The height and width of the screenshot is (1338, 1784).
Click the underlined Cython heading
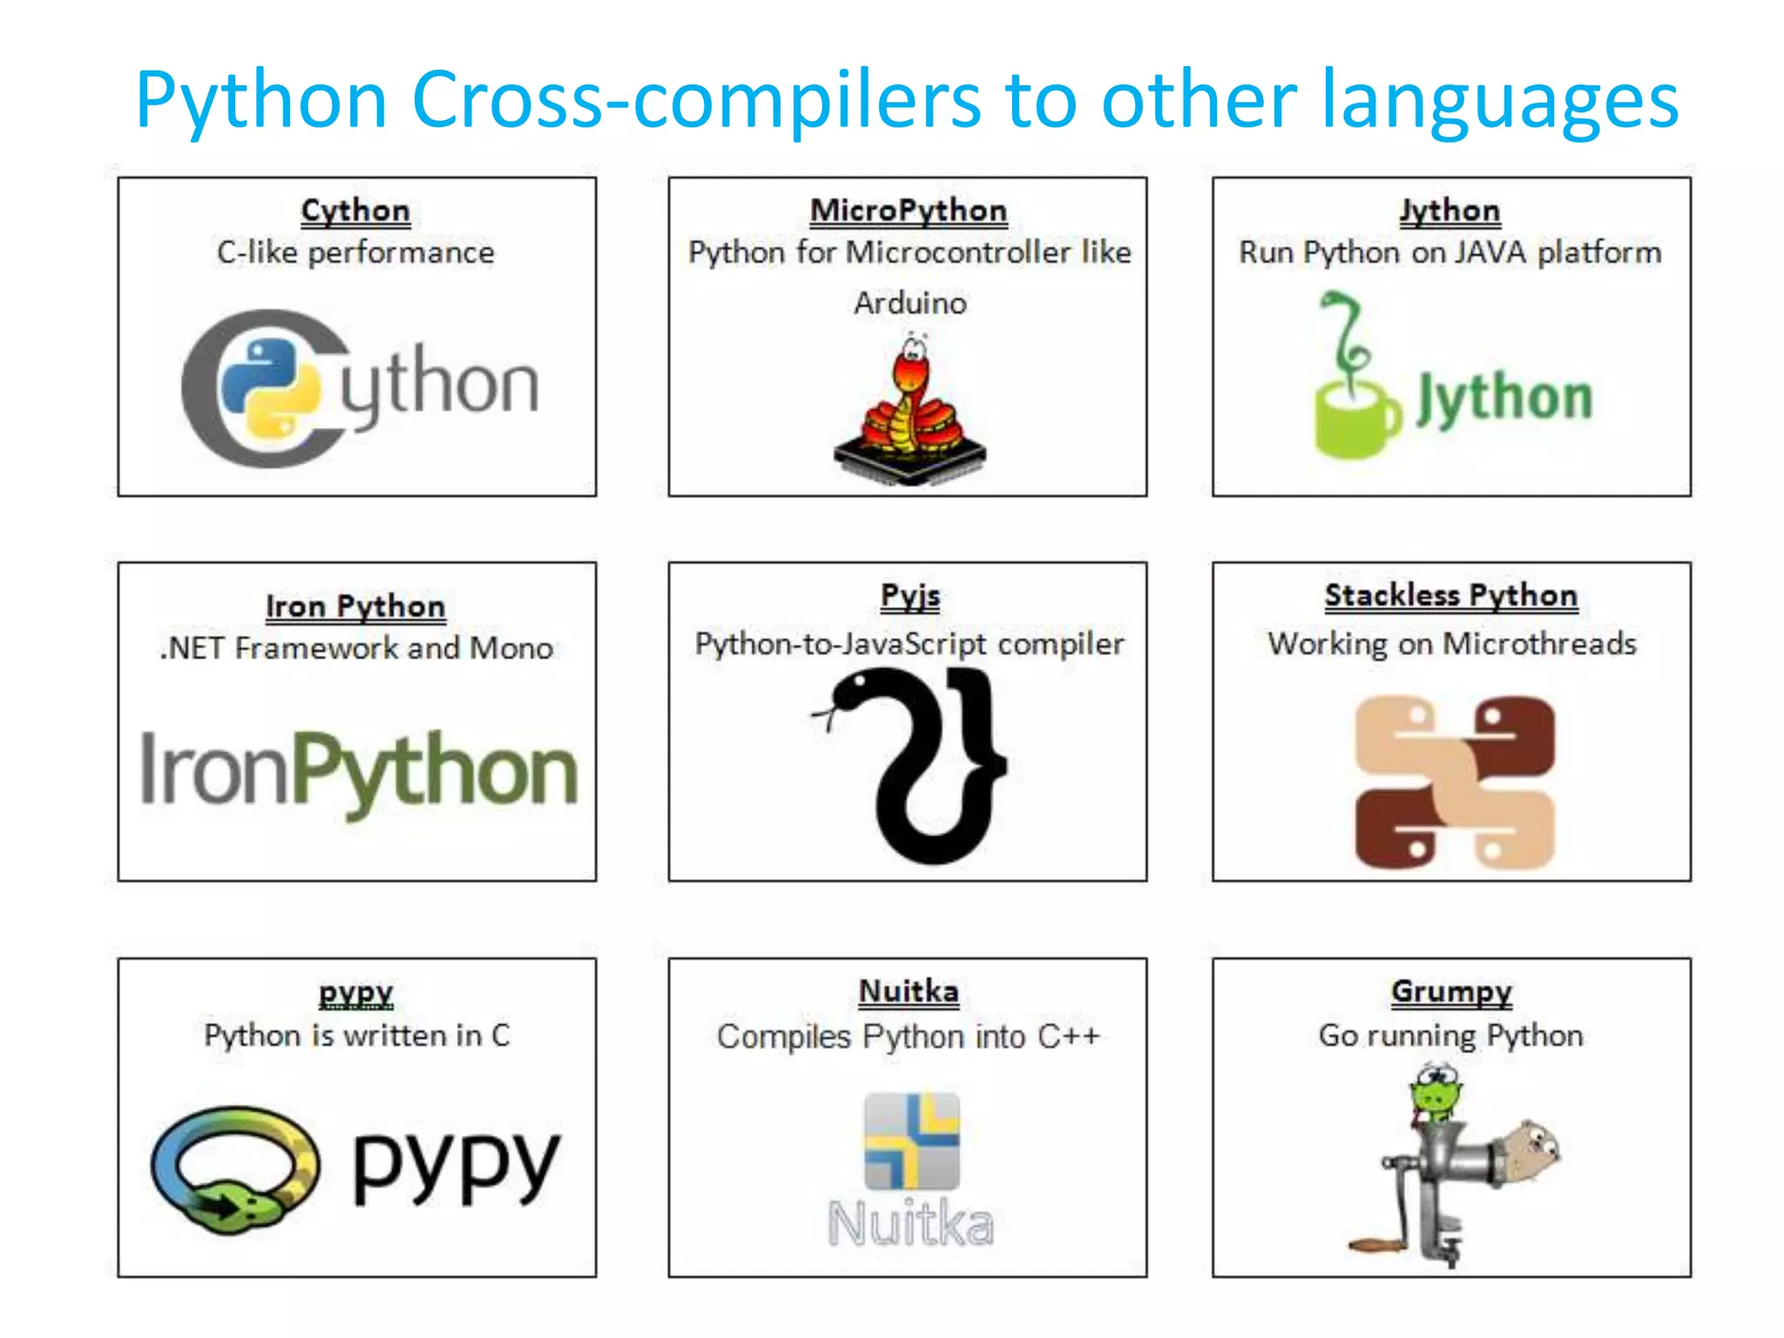[x=355, y=212]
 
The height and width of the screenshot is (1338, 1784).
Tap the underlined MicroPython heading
[x=909, y=212]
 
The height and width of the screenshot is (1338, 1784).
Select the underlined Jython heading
[x=1450, y=212]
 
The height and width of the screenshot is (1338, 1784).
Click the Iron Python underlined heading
[x=355, y=607]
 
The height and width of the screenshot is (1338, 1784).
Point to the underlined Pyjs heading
[x=910, y=597]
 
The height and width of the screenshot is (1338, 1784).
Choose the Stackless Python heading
[x=1451, y=596]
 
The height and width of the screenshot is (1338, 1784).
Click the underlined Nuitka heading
[x=909, y=992]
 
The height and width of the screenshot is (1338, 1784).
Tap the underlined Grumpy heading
[x=1451, y=992]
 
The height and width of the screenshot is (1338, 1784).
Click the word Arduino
[x=910, y=303]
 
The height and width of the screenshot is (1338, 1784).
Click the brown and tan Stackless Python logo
[x=1454, y=781]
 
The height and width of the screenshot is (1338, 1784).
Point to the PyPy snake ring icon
[x=235, y=1170]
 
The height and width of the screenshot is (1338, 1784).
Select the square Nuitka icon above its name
[x=911, y=1141]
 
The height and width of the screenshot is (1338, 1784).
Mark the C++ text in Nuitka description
[x=1069, y=1037]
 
